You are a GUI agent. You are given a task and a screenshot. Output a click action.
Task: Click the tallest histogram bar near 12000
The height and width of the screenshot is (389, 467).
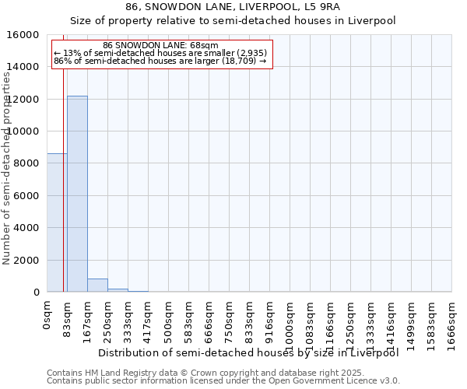(x=77, y=194)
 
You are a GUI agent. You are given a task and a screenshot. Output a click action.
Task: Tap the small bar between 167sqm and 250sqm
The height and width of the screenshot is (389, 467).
(x=97, y=286)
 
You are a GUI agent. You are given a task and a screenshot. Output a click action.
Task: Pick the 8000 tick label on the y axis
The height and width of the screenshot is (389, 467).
(x=26, y=163)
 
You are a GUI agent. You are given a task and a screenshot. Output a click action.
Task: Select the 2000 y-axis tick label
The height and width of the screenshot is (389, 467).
(x=26, y=260)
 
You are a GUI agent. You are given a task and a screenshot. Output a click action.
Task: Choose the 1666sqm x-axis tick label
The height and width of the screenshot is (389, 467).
(x=452, y=319)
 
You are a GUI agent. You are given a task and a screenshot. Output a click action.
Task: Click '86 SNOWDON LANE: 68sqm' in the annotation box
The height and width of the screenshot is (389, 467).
(x=160, y=46)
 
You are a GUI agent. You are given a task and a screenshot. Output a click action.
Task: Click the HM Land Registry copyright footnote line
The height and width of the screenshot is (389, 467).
(x=200, y=373)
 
